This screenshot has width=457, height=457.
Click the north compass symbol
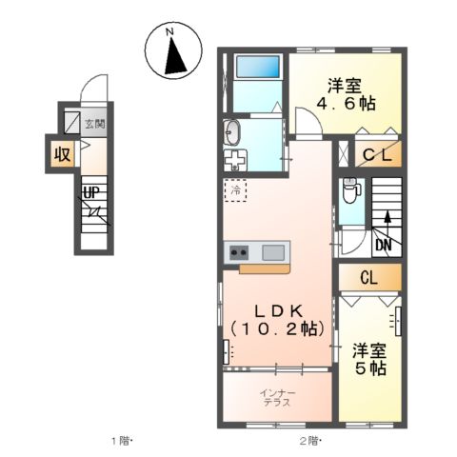point(172,51)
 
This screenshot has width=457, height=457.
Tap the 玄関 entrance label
point(92,123)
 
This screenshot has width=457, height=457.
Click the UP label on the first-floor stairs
point(91,193)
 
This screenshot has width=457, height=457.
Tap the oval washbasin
point(234,131)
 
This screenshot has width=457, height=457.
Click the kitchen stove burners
point(238,253)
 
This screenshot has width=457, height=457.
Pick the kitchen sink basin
point(272,253)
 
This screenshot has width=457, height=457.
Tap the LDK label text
point(276,309)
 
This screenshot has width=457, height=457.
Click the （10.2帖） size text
point(276,328)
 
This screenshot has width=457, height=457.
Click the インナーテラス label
point(278,396)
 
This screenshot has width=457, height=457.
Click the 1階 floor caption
point(121,440)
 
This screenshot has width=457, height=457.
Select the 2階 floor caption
point(310,440)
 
